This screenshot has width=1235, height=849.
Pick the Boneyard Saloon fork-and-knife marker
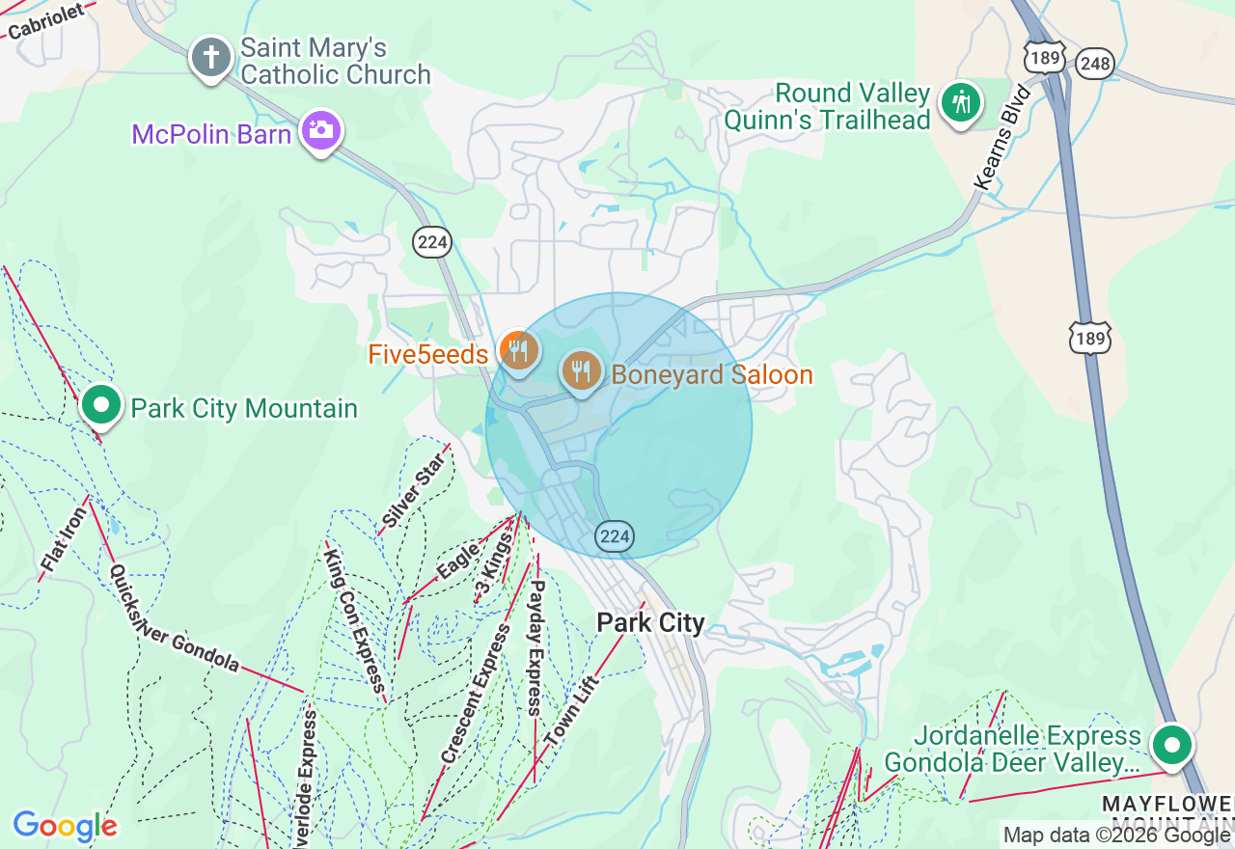tap(581, 370)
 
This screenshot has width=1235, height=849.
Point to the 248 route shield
tap(1097, 65)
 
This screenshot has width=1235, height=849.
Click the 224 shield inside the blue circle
tap(615, 536)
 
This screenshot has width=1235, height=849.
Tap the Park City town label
tap(650, 622)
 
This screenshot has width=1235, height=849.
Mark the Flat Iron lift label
tap(64, 540)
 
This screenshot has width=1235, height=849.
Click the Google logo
tap(65, 826)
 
